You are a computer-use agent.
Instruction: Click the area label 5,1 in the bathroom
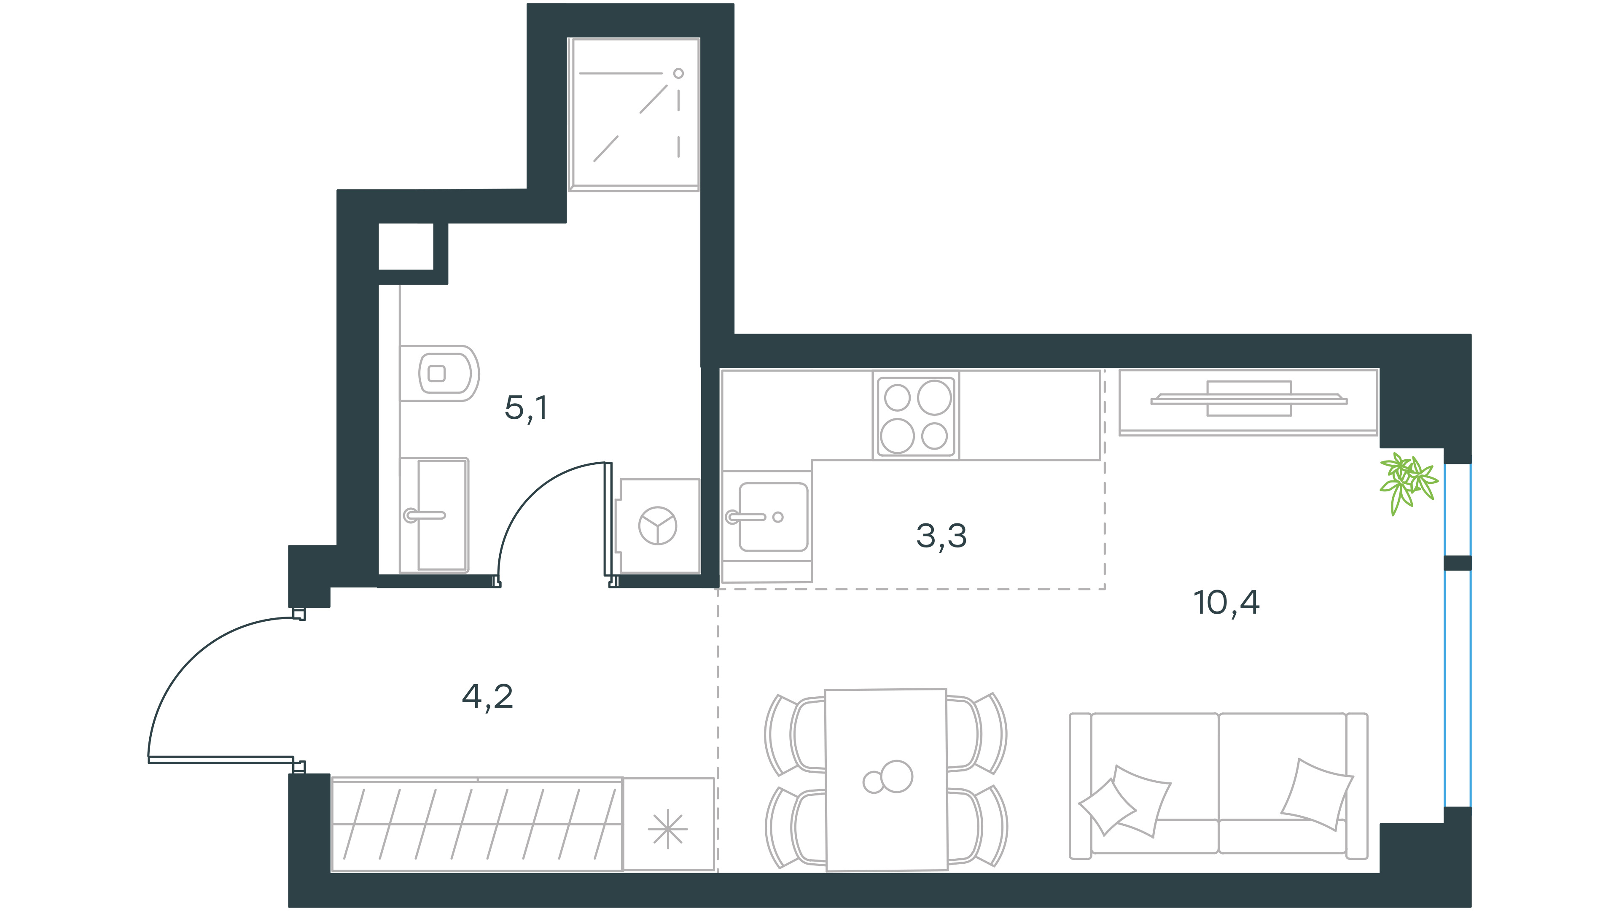[526, 408]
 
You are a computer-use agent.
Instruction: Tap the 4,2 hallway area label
[488, 697]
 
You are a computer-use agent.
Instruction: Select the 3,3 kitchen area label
[941, 536]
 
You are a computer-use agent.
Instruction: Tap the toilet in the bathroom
[440, 373]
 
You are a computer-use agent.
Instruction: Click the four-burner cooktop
[916, 415]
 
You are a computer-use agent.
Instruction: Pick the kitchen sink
[773, 517]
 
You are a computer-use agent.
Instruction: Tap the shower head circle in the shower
[678, 73]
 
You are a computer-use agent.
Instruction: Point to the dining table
[886, 779]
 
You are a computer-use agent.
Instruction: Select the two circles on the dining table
[888, 778]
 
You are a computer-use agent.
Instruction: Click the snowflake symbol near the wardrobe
[667, 828]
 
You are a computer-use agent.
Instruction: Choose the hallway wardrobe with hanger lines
[477, 824]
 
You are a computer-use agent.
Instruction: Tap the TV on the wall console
[1249, 399]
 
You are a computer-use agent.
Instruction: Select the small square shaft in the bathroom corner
[406, 246]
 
